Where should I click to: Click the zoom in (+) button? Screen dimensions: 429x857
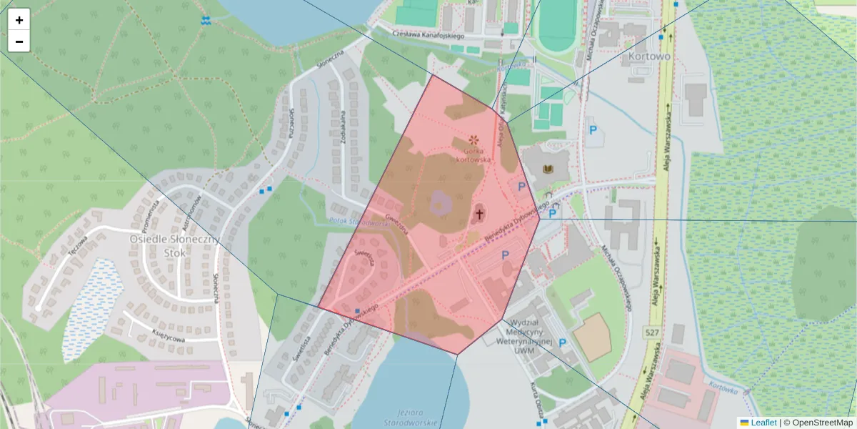pyautogui.click(x=19, y=20)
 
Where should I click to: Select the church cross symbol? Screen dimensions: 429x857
pyautogui.click(x=480, y=213)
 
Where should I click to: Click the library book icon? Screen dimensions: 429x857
pyautogui.click(x=548, y=169)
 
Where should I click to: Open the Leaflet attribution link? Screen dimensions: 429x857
pyautogui.click(x=763, y=423)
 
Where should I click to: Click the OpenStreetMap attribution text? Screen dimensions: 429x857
pyautogui.click(x=822, y=423)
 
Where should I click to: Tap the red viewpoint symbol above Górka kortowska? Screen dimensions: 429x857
pyautogui.click(x=473, y=138)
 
